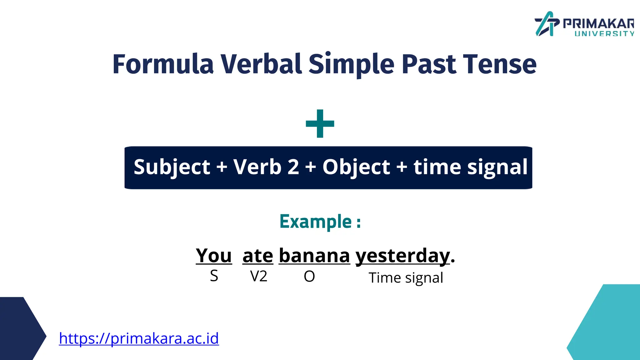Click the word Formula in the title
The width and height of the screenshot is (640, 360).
pyautogui.click(x=163, y=64)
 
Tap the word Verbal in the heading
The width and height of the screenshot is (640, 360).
pyautogui.click(x=261, y=64)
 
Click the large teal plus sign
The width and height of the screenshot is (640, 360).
pyautogui.click(x=320, y=123)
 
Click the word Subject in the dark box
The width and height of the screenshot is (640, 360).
pyautogui.click(x=172, y=167)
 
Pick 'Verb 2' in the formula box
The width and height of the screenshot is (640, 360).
pyautogui.click(x=266, y=167)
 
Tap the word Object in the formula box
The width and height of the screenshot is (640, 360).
pyautogui.click(x=356, y=167)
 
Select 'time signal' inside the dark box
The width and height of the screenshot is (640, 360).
pyautogui.click(x=470, y=167)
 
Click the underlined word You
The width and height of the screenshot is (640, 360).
pyautogui.click(x=214, y=256)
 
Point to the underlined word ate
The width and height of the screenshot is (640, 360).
pyautogui.click(x=257, y=256)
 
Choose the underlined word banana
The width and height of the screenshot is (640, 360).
pyautogui.click(x=314, y=256)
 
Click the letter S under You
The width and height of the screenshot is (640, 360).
pyautogui.click(x=214, y=276)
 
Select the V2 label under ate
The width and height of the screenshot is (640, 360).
pyautogui.click(x=259, y=276)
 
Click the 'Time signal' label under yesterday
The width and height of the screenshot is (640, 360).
pyautogui.click(x=406, y=278)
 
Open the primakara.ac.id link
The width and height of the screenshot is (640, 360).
pyautogui.click(x=139, y=338)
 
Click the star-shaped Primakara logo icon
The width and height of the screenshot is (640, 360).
pyautogui.click(x=546, y=24)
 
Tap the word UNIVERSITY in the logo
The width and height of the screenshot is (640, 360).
pyautogui.click(x=604, y=34)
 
